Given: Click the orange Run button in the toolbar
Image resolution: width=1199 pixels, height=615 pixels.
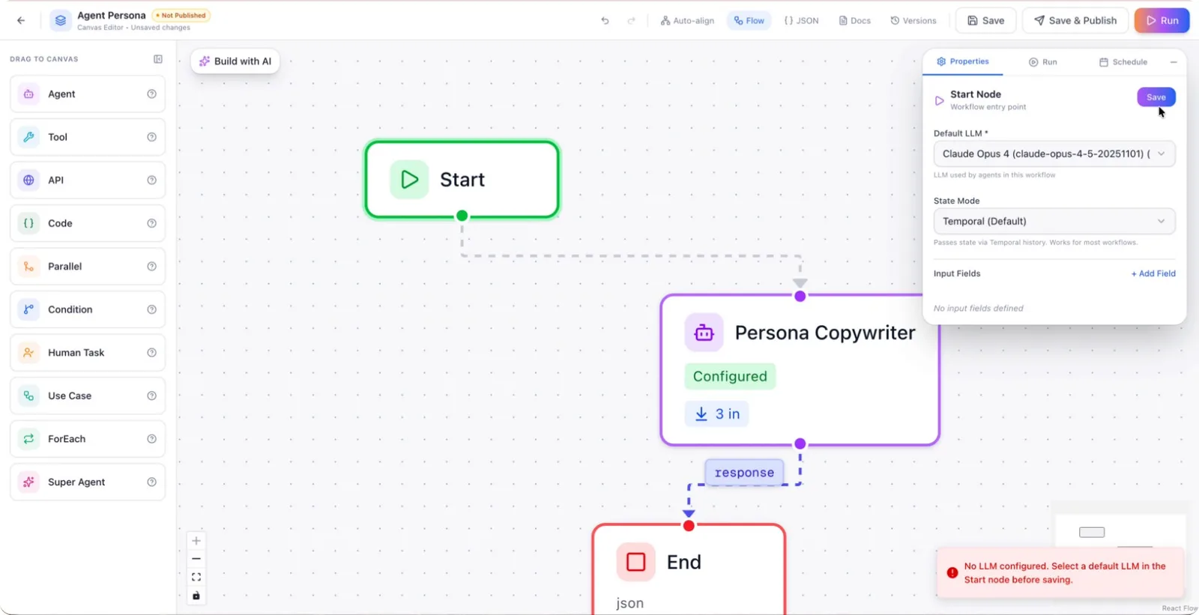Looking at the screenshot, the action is pos(1162,20).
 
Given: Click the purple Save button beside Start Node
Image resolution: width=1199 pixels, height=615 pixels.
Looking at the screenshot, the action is pos(1156,97).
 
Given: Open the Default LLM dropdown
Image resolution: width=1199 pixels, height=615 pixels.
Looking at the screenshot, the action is pos(1054,154).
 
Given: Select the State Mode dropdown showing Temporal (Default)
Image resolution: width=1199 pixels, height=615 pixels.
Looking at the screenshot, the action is pos(1054,221).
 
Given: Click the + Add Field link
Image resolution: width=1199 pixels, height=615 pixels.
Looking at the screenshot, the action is pos(1153,273).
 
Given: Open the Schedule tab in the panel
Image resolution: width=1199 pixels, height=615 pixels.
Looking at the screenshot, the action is pos(1123,62).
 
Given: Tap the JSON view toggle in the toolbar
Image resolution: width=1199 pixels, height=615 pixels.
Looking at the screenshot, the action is pos(801,20).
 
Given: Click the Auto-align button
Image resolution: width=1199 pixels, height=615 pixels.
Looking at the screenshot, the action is pos(687,20).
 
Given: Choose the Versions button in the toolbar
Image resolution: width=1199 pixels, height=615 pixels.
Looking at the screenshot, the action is pos(913,20).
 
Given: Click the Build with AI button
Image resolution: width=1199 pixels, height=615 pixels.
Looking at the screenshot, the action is pos(235,61).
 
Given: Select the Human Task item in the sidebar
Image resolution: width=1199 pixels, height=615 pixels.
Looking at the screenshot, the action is pos(88,353).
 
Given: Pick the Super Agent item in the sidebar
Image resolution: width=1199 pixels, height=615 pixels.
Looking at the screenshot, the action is pos(88,482).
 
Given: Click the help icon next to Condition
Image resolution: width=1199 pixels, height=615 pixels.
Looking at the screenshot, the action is pos(152,309).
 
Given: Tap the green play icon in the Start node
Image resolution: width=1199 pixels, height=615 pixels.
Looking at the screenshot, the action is pos(409,179).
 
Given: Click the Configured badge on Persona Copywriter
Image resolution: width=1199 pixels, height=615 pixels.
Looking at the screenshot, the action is pos(730,376).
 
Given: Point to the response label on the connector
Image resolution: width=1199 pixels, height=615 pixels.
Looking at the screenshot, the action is pos(744,473).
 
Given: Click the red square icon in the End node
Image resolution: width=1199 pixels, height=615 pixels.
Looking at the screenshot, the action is pos(636,562).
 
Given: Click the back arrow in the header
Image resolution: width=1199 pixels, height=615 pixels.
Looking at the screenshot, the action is pos(21,20).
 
